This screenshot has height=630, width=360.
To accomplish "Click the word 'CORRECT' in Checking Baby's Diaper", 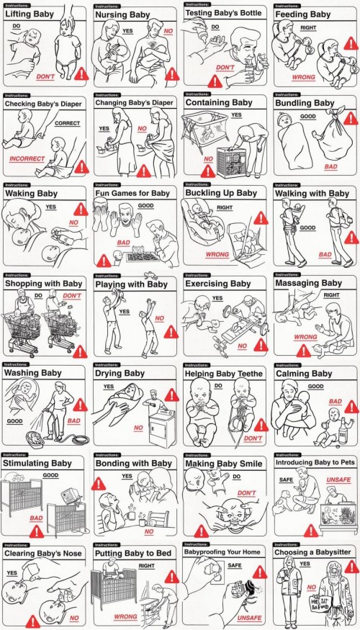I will click(x=67, y=123).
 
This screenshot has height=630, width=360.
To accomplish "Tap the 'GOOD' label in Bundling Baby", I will click(x=308, y=117).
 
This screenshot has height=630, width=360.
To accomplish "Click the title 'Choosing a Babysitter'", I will click(x=312, y=553).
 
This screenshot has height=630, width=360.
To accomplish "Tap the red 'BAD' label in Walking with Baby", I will click(x=325, y=254).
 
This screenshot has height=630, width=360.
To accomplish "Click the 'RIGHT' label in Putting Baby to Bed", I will click(x=147, y=566).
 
